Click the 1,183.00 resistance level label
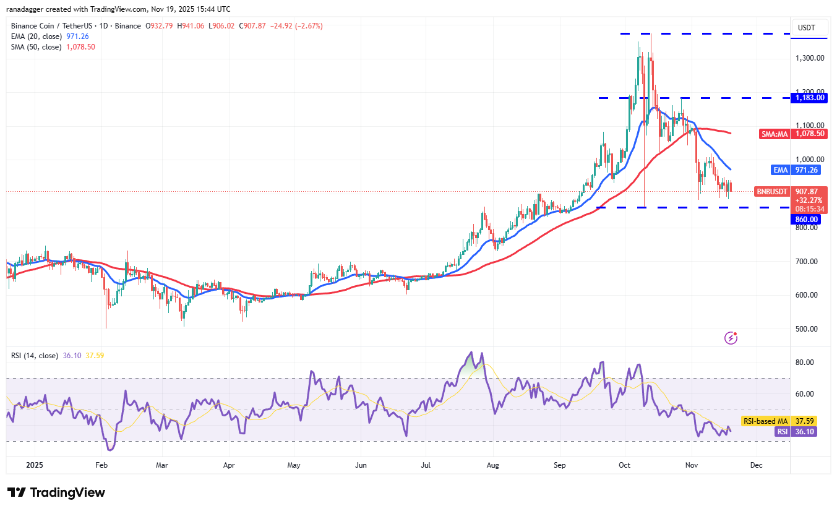(x=810, y=98)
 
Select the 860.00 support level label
(x=806, y=219)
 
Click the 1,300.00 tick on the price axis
(x=810, y=58)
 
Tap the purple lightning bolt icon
(x=731, y=338)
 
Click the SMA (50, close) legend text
(x=36, y=47)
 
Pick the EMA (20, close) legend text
(x=36, y=36)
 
